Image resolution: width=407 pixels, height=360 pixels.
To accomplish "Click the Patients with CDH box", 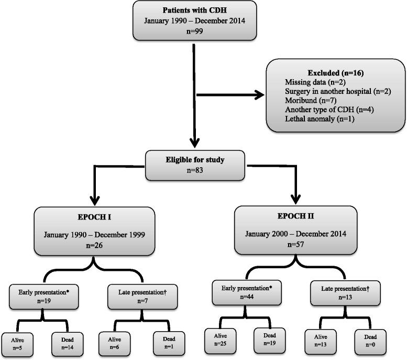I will click(195, 20).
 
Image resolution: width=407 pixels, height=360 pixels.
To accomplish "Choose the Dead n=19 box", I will click(270, 342).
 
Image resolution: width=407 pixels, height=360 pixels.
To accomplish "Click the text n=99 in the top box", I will click(195, 30).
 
